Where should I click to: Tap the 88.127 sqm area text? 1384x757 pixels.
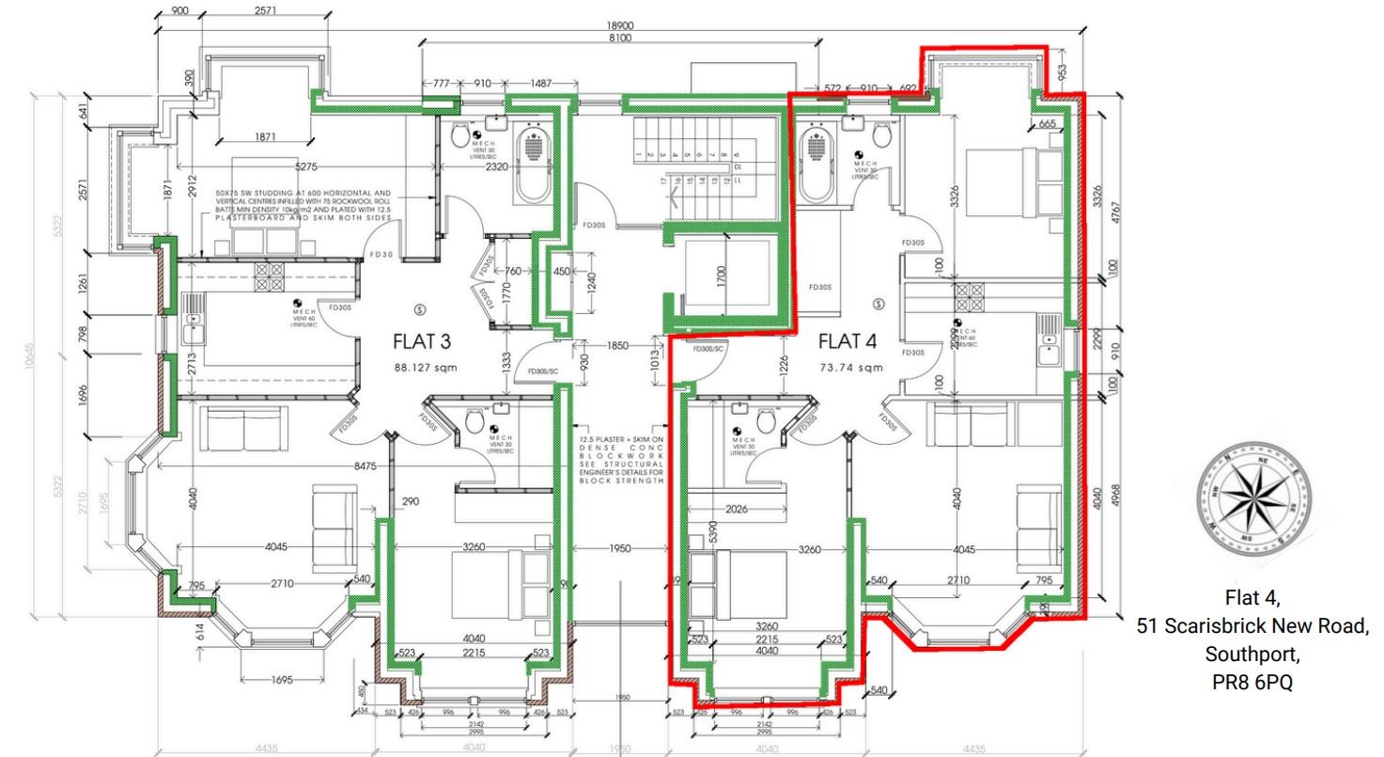tap(426, 367)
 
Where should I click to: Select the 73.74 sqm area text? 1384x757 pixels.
tap(851, 367)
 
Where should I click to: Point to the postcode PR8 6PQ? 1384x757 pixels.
tap(1252, 683)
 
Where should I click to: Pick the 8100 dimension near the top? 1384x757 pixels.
tap(620, 39)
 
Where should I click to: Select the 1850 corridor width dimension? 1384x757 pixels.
tap(616, 346)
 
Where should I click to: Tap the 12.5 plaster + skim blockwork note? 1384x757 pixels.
tap(621, 459)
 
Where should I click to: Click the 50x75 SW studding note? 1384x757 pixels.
tap(303, 205)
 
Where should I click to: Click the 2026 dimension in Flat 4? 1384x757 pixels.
tap(738, 510)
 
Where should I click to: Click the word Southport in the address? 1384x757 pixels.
tap(1252, 654)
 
